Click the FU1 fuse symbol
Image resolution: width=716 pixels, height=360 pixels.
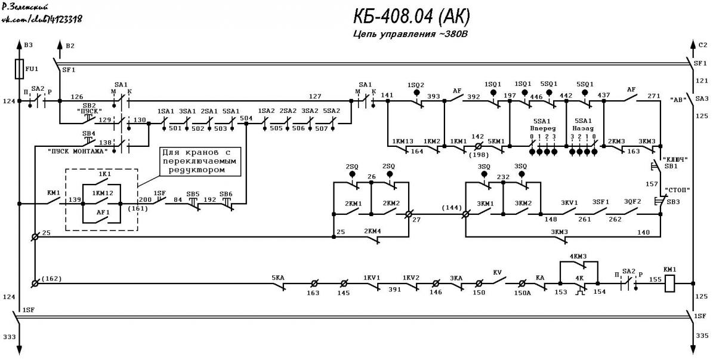point(19,69)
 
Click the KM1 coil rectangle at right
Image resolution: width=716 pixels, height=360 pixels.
point(669,283)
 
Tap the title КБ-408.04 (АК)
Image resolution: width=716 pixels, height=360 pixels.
point(411,16)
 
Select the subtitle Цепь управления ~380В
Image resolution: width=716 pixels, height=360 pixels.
point(410,34)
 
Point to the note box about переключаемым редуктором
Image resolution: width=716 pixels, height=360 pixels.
point(200,161)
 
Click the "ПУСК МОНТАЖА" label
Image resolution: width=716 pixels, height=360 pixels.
point(78,151)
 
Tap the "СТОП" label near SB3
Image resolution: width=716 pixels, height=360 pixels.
point(677,190)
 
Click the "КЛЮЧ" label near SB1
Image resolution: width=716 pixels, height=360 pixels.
point(675,159)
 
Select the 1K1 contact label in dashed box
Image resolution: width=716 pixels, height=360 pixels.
point(104,174)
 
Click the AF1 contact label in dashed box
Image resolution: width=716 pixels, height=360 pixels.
point(103,212)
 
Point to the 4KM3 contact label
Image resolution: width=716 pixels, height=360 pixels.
point(578,256)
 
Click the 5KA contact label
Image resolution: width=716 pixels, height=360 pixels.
point(278,278)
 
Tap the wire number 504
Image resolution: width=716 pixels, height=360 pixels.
point(246,118)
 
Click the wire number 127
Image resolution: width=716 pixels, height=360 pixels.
point(315,96)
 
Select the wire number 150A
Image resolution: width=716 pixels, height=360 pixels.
point(522,293)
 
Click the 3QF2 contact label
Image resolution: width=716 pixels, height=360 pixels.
point(632,202)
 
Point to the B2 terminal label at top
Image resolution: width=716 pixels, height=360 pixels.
point(70,46)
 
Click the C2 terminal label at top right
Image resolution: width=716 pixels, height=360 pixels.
point(703,45)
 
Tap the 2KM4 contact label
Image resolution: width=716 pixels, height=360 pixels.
point(372,231)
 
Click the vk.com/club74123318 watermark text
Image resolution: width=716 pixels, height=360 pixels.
point(42,19)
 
